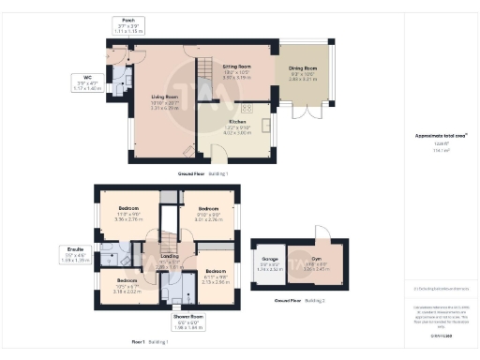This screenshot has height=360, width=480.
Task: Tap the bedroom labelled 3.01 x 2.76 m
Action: tap(207, 211)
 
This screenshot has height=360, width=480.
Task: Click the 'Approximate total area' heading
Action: tap(436, 136)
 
